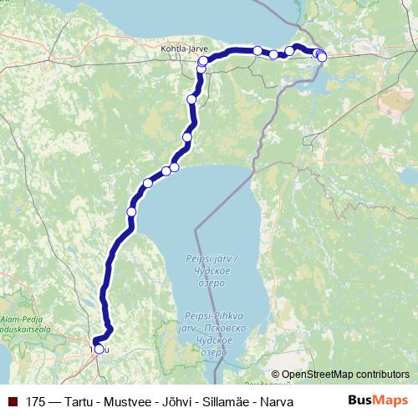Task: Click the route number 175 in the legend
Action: (x=36, y=402)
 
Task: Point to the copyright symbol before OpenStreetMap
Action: (x=276, y=375)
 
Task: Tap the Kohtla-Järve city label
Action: (x=182, y=48)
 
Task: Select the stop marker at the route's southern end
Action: (x=99, y=349)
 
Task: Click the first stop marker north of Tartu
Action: (x=131, y=212)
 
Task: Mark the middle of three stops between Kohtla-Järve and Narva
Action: (x=273, y=54)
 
